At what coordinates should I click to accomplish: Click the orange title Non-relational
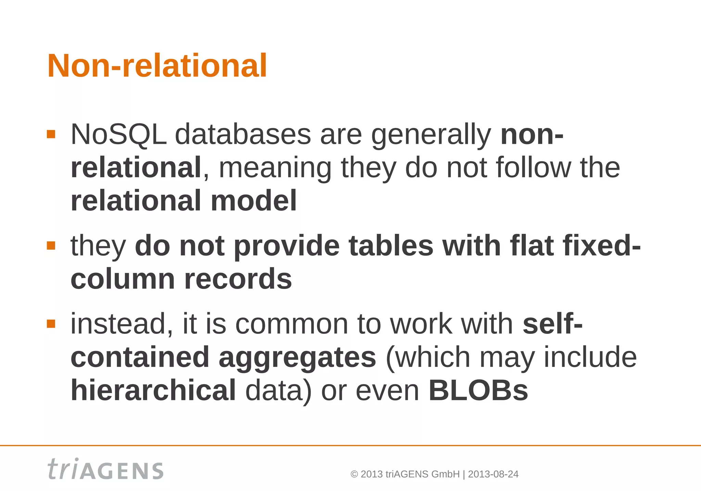coord(157,66)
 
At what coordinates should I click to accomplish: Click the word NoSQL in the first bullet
coord(118,135)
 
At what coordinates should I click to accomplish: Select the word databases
coord(243,135)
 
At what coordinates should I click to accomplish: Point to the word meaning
coord(275,168)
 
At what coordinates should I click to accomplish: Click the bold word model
coord(253,201)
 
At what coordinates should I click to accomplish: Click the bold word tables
coord(391,246)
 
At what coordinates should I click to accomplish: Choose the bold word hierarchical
coord(153,390)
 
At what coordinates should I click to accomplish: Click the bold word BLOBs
coord(478,390)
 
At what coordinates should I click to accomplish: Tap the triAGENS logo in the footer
coord(105,469)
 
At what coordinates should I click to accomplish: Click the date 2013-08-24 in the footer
coord(493,474)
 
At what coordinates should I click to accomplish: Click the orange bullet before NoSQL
coord(51,134)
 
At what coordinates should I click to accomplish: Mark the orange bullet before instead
coord(51,324)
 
